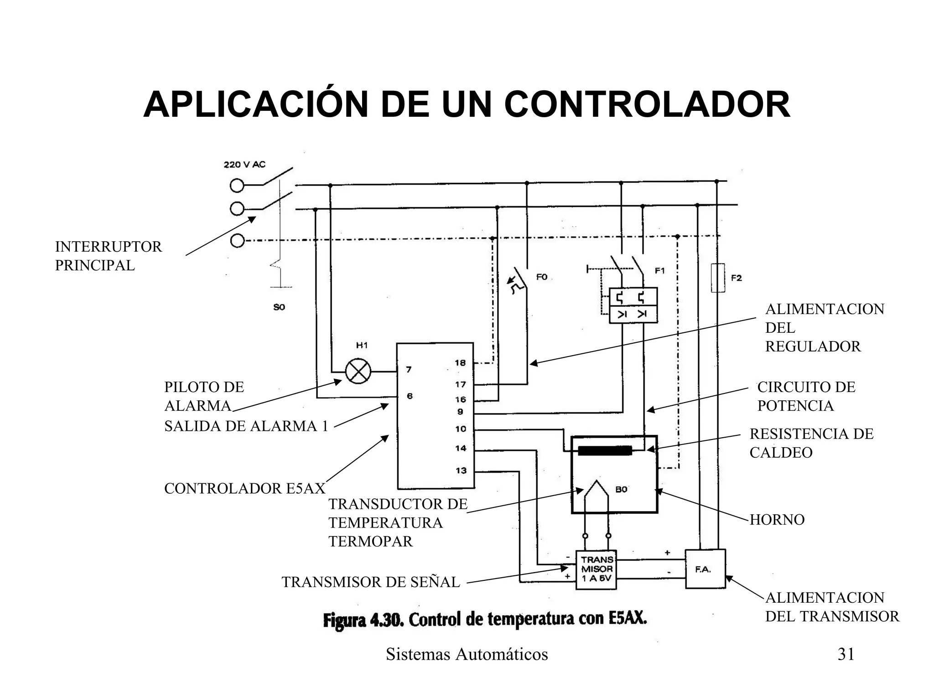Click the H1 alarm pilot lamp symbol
pyautogui.click(x=358, y=371)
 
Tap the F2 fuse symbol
pyautogui.click(x=718, y=278)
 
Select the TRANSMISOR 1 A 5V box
pyautogui.click(x=596, y=569)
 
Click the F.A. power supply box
pyautogui.click(x=705, y=569)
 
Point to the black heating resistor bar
pyautogui.click(x=605, y=451)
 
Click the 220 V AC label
pyautogui.click(x=244, y=165)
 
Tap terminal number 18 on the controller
pyautogui.click(x=460, y=363)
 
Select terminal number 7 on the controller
pyautogui.click(x=409, y=369)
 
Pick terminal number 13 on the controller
pyautogui.click(x=461, y=471)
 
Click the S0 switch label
pyautogui.click(x=279, y=307)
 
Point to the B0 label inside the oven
pyautogui.click(x=621, y=490)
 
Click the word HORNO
pyautogui.click(x=777, y=519)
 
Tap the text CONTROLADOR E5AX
pyautogui.click(x=244, y=489)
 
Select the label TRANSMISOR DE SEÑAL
pyautogui.click(x=371, y=582)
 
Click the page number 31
pyautogui.click(x=846, y=654)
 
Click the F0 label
pyautogui.click(x=542, y=277)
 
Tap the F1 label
pyautogui.click(x=659, y=271)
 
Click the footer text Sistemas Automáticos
pyautogui.click(x=467, y=654)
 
